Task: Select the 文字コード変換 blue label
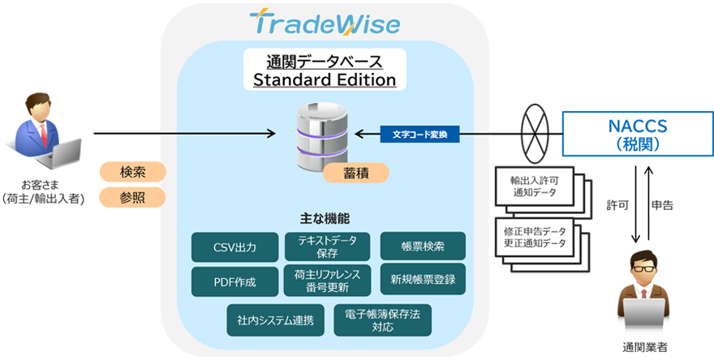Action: [420, 133]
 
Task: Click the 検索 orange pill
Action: [132, 172]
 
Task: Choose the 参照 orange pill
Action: [132, 197]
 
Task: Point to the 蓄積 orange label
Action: [355, 173]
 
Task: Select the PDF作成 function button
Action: [234, 281]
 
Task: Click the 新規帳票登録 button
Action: [423, 280]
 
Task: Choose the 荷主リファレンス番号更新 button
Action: [328, 280]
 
